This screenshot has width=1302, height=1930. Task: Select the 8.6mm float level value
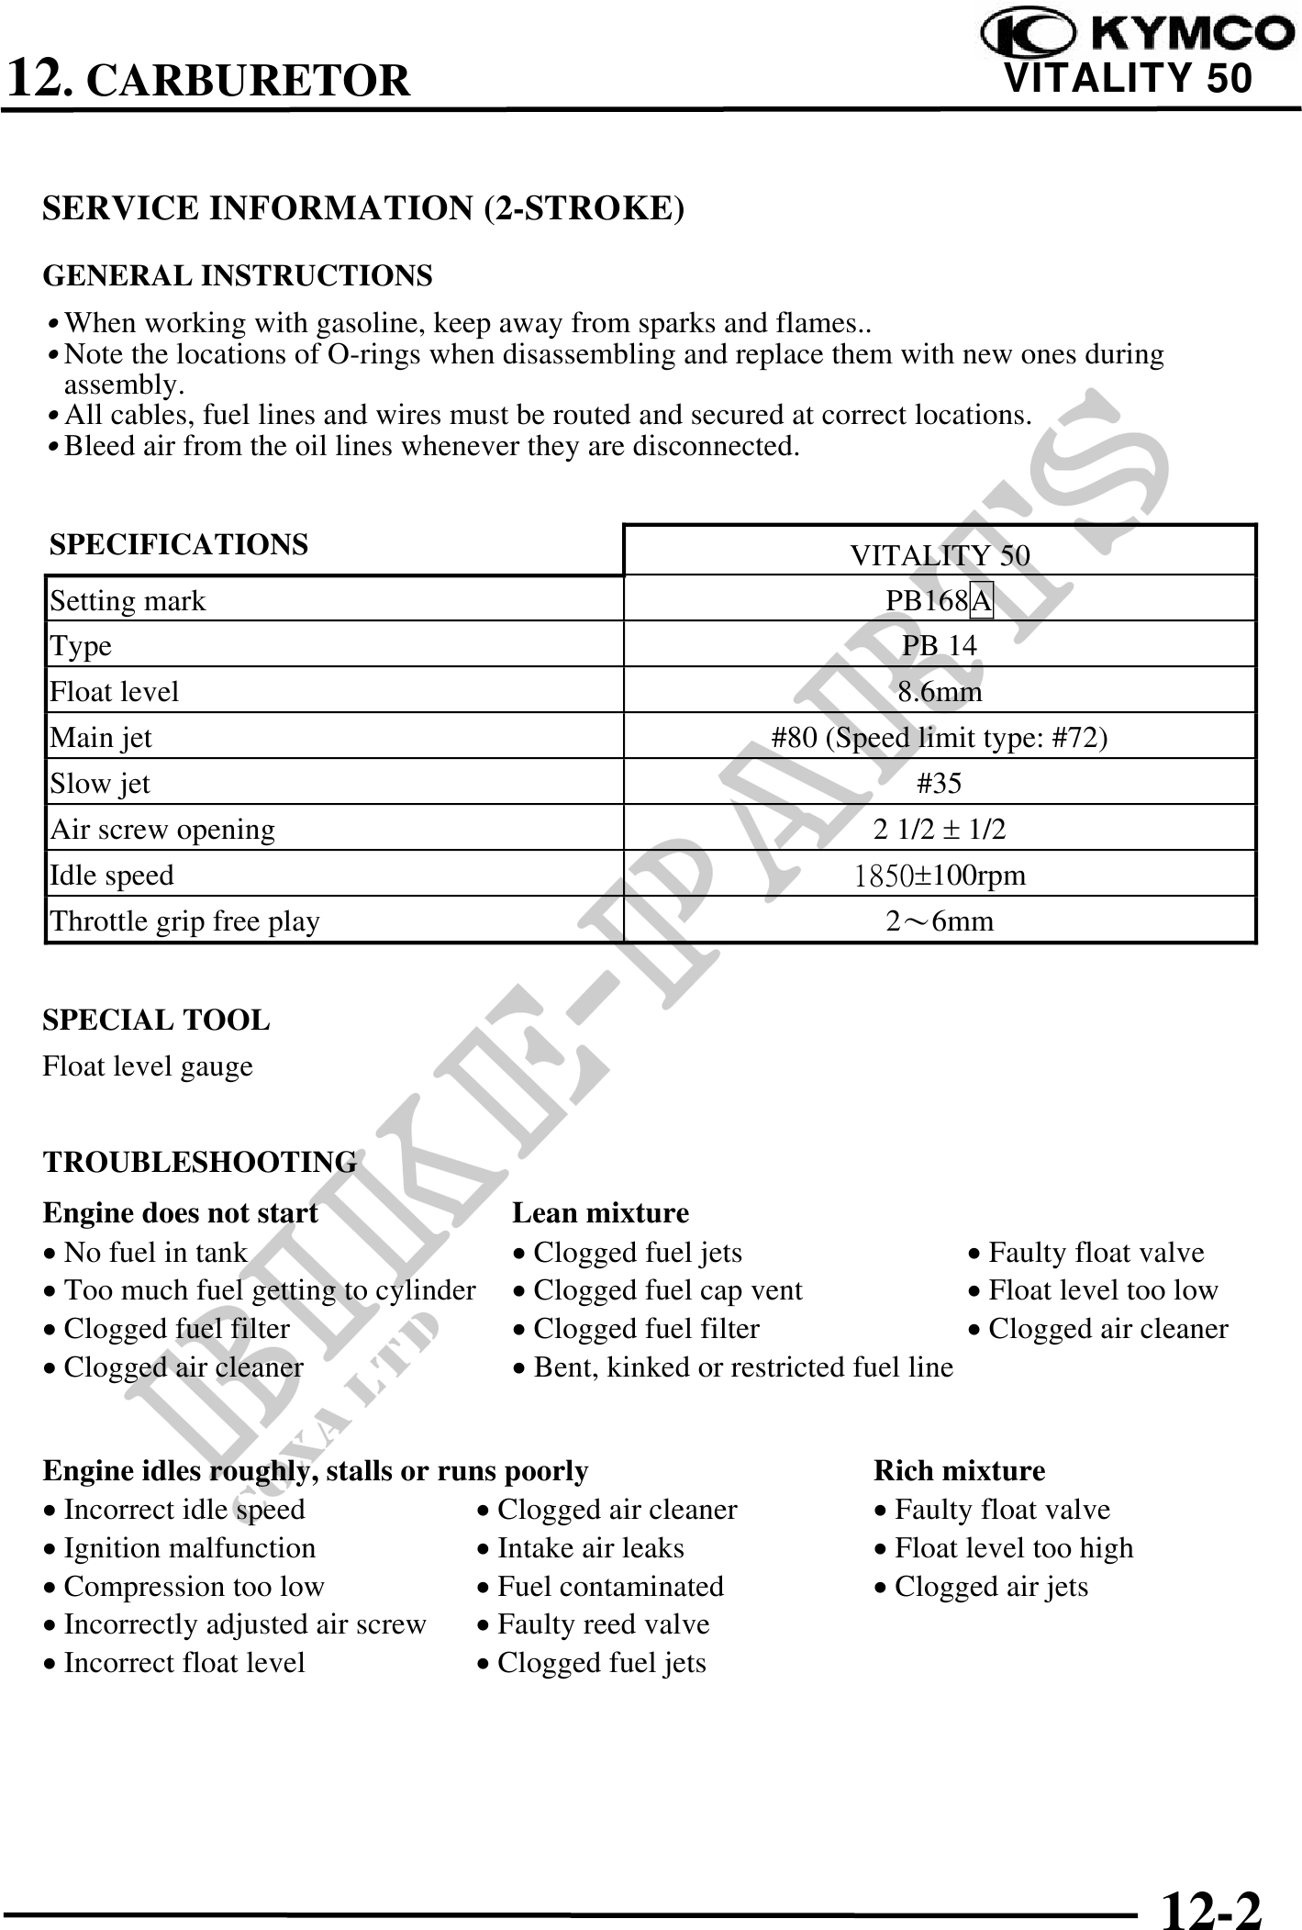[940, 691]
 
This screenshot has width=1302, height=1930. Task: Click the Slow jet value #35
[940, 783]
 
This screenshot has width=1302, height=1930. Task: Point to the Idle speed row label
[112, 875]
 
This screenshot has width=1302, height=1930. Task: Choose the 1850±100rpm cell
[940, 875]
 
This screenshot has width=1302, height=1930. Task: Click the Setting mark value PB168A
[940, 600]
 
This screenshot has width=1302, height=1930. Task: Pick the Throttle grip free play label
[184, 920]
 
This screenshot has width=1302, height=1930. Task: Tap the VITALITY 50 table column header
[940, 554]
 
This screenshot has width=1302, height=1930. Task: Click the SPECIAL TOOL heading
[156, 1020]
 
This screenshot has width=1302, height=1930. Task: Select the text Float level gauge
[148, 1066]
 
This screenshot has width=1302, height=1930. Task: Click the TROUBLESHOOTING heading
[200, 1162]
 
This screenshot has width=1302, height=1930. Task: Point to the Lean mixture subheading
[600, 1212]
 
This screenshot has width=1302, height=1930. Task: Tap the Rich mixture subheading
[959, 1471]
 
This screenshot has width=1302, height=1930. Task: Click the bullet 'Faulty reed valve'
[603, 1624]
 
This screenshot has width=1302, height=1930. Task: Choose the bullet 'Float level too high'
[1013, 1548]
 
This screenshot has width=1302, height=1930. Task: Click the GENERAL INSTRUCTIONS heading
[238, 275]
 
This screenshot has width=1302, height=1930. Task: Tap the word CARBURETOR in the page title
[249, 80]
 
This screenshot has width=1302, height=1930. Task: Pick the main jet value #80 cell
[940, 737]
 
